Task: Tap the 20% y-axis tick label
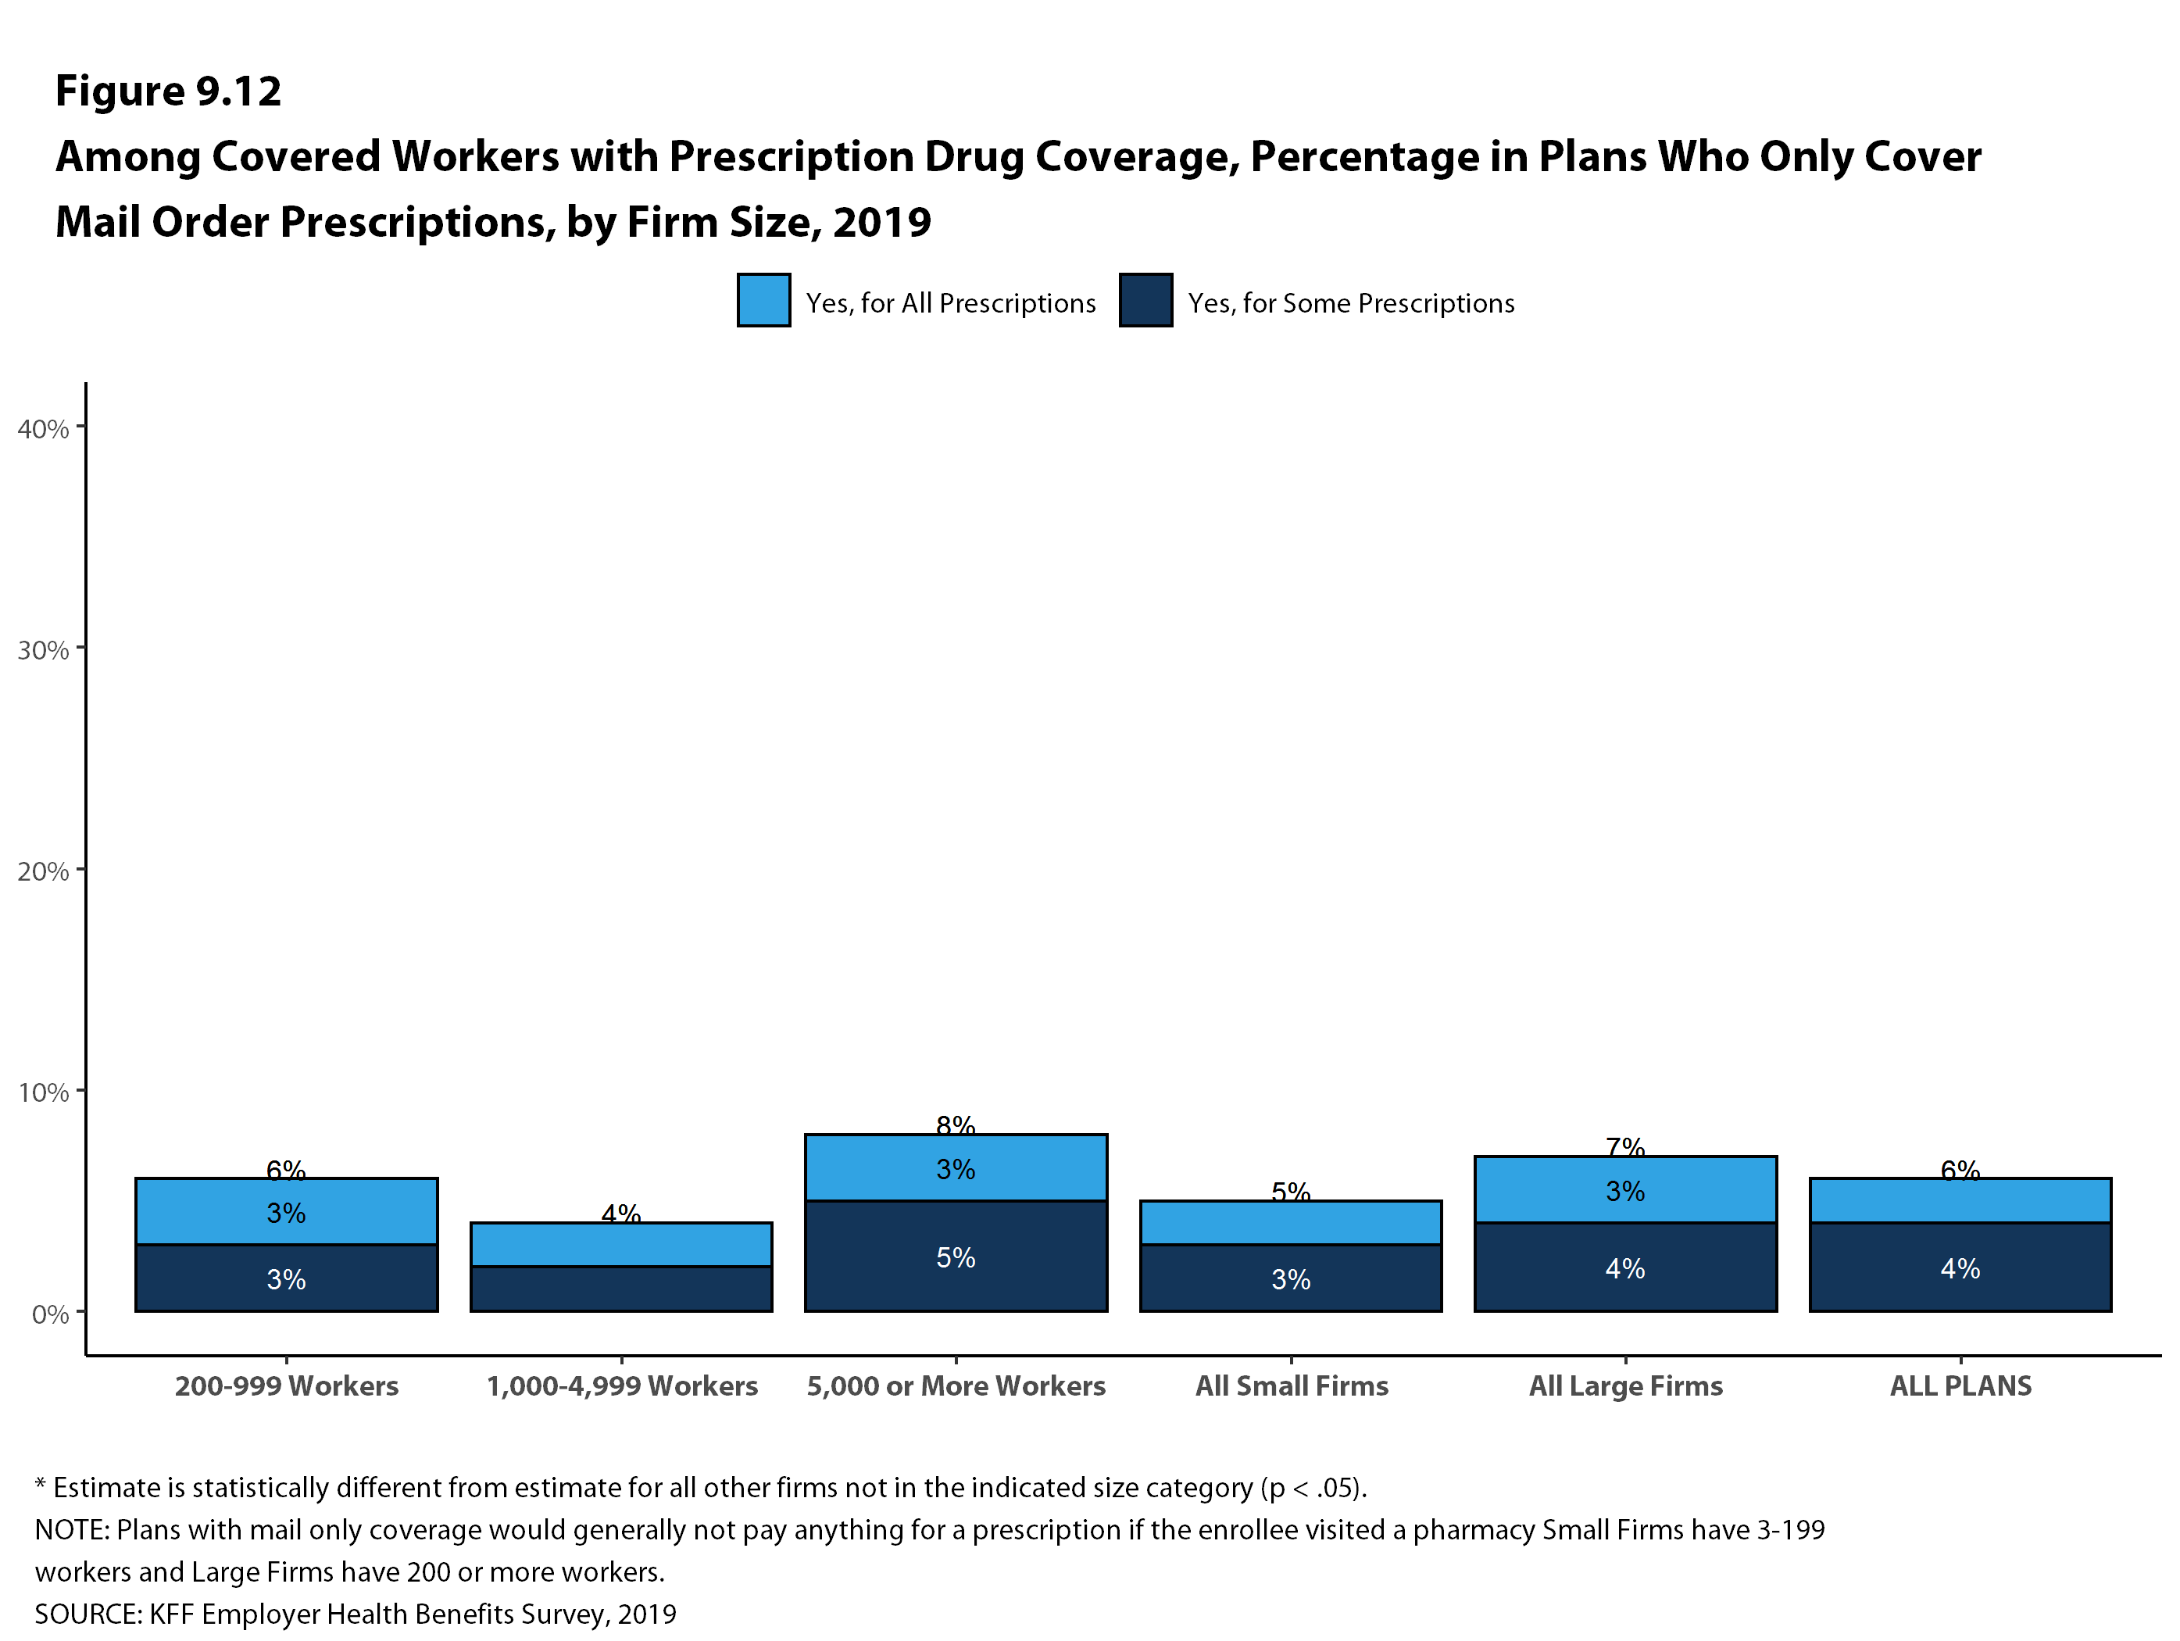(43, 871)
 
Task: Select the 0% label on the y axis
(50, 1314)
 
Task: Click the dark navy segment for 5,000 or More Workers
(955, 1257)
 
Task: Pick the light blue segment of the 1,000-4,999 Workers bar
(621, 1245)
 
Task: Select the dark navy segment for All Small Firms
(1290, 1278)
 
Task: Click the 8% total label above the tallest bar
(955, 1124)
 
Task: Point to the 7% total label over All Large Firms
(1625, 1146)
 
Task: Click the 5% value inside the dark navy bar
(955, 1257)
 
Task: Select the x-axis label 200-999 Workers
(287, 1385)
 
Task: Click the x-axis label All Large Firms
(1625, 1385)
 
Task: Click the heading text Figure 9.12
(169, 91)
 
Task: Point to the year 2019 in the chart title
(881, 222)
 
